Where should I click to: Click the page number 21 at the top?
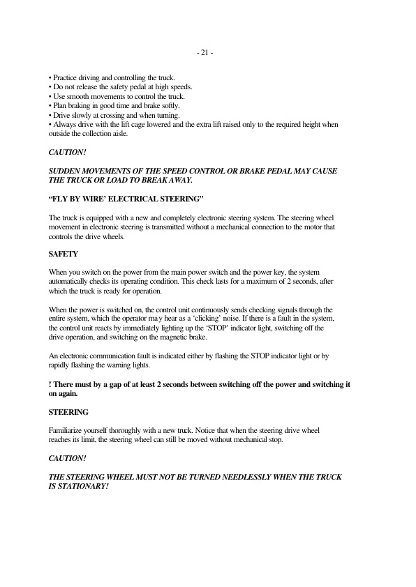205,52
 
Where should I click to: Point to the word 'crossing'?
107,114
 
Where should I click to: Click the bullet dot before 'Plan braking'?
50,105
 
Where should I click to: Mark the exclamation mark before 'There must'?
50,383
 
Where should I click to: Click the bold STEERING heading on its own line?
68,413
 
